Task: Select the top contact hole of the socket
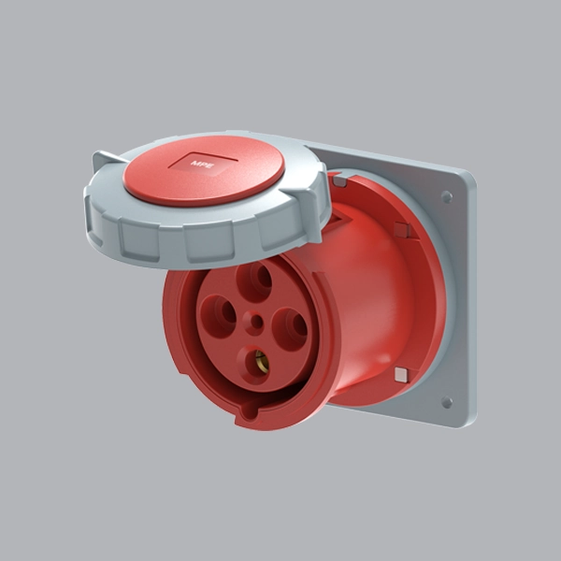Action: [255, 281]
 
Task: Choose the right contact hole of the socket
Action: [290, 328]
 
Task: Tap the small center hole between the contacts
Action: [257, 323]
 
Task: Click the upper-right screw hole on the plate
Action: [447, 196]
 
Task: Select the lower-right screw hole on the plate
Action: [447, 402]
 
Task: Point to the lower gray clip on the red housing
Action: [401, 375]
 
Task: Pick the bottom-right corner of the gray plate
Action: [465, 423]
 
